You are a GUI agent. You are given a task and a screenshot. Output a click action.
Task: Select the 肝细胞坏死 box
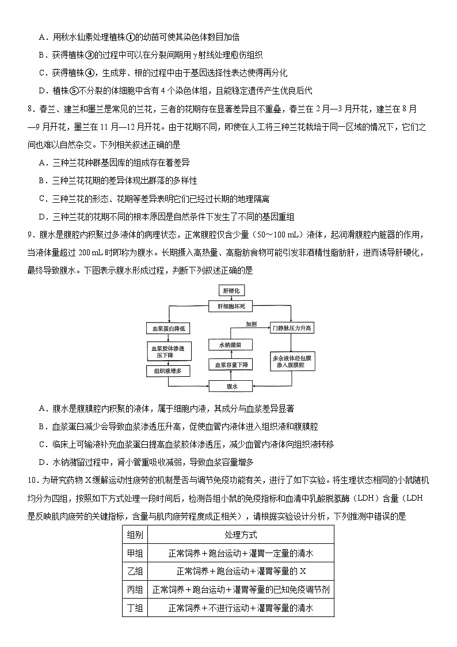tap(231, 307)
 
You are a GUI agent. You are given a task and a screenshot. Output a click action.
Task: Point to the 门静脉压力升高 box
tap(292, 328)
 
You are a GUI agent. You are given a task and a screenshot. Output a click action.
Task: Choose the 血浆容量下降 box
tap(231, 365)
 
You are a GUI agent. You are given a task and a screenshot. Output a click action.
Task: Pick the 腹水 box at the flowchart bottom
tap(231, 387)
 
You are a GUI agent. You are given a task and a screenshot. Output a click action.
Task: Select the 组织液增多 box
tap(167, 371)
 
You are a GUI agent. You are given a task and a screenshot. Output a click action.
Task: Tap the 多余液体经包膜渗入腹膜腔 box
tap(292, 362)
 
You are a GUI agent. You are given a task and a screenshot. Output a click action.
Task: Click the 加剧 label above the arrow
tap(251, 324)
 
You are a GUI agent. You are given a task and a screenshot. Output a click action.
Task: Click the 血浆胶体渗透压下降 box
tap(167, 351)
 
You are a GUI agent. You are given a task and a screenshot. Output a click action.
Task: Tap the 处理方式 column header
tap(241, 535)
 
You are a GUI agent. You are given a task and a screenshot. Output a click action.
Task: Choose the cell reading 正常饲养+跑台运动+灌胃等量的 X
tap(241, 572)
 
